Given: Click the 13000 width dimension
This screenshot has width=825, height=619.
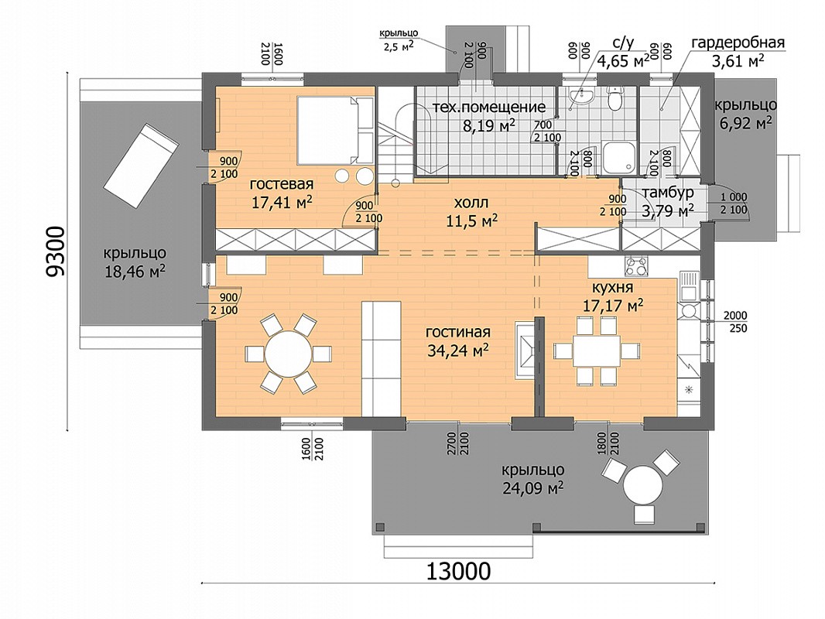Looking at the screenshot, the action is point(457,571).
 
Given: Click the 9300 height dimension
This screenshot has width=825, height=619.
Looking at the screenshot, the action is point(55,251).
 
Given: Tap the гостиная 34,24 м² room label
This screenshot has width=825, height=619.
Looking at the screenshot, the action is point(457,341).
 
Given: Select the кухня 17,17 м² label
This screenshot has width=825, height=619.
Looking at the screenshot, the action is point(612,296).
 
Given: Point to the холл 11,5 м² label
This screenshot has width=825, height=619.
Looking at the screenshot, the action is point(471,211).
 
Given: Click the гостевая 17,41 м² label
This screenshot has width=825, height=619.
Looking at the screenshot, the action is point(282,193).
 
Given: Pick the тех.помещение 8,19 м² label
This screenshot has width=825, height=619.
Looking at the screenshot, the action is point(489,116).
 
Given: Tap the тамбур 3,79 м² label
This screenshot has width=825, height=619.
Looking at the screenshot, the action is point(668,202).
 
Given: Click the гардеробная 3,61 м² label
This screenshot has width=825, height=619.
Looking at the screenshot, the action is point(738,52).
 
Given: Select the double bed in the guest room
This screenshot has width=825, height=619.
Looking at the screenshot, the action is point(335,129).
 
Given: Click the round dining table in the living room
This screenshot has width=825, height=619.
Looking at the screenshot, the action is point(288,354).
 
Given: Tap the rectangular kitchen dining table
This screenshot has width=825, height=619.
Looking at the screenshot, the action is point(597,351).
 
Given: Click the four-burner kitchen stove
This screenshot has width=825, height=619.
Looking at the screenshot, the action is point(636,266).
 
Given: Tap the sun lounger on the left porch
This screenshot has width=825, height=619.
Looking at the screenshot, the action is point(141,165).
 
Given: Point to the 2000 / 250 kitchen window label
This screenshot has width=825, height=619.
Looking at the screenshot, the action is point(735,322).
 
